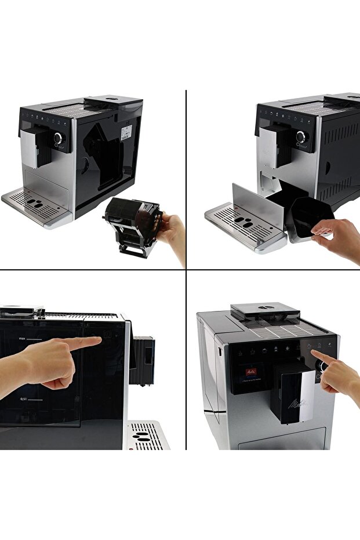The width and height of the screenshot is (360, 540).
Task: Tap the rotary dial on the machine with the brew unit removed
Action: (58, 138)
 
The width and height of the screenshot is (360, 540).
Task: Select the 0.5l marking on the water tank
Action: (23, 398)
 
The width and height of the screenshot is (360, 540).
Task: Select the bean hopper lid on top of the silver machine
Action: (265, 310)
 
